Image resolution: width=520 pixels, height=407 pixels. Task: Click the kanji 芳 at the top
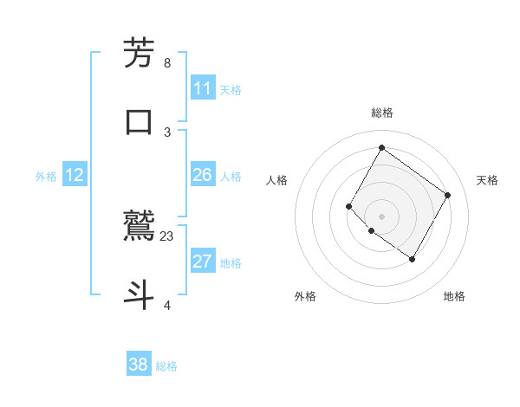[140, 54]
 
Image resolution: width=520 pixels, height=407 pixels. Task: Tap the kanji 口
[140, 120]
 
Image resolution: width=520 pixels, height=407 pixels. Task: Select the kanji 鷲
[140, 226]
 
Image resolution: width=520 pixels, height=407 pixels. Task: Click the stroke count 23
[167, 236]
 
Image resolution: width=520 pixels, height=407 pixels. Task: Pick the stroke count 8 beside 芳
[167, 63]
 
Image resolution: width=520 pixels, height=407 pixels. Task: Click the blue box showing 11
[203, 88]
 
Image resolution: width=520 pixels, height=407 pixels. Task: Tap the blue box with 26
[203, 175]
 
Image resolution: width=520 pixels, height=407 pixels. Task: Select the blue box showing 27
[203, 262]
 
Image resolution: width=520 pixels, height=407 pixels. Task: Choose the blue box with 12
[75, 175]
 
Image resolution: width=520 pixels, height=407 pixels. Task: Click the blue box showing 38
[139, 365]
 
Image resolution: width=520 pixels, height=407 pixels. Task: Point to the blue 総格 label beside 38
[166, 366]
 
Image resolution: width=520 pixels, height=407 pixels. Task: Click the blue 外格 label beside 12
[46, 177]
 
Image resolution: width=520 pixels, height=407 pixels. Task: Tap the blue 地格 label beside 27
[231, 263]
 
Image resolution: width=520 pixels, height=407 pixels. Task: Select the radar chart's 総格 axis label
[381, 113]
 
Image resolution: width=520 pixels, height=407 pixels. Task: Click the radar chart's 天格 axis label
[487, 180]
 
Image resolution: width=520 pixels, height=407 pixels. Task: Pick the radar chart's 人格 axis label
[276, 180]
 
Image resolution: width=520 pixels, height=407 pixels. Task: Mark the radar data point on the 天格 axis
[447, 195]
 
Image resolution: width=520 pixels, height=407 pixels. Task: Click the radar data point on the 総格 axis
[381, 147]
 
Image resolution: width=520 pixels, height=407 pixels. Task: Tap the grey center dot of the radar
[381, 216]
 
